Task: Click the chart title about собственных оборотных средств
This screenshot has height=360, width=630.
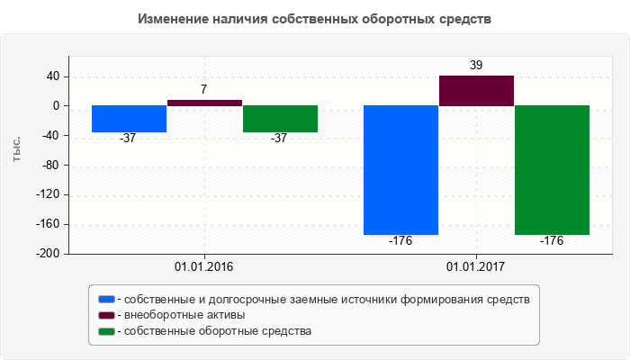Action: [x=315, y=18]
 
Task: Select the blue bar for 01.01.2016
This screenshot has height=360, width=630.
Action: [x=129, y=119]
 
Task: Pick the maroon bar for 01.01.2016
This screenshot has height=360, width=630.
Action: [x=204, y=103]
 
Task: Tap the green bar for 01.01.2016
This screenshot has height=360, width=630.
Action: [x=280, y=119]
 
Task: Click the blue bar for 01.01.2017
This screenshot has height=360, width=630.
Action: [x=400, y=170]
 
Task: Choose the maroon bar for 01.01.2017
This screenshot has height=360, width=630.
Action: [x=476, y=91]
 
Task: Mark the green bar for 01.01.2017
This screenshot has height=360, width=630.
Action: [x=552, y=170]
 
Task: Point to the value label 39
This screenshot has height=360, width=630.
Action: [x=476, y=66]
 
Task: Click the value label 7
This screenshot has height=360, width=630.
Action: [x=204, y=90]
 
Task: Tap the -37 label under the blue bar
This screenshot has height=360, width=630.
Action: [x=129, y=139]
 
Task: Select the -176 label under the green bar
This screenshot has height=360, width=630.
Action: [x=552, y=241]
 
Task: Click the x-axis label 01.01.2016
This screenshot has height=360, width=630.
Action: [x=204, y=267]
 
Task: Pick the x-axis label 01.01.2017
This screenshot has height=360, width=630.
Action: [x=476, y=267]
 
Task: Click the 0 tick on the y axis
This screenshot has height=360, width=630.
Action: [x=56, y=106]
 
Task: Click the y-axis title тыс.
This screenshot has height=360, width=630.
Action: [x=17, y=150]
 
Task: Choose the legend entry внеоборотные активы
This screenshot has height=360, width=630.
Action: [x=184, y=315]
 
